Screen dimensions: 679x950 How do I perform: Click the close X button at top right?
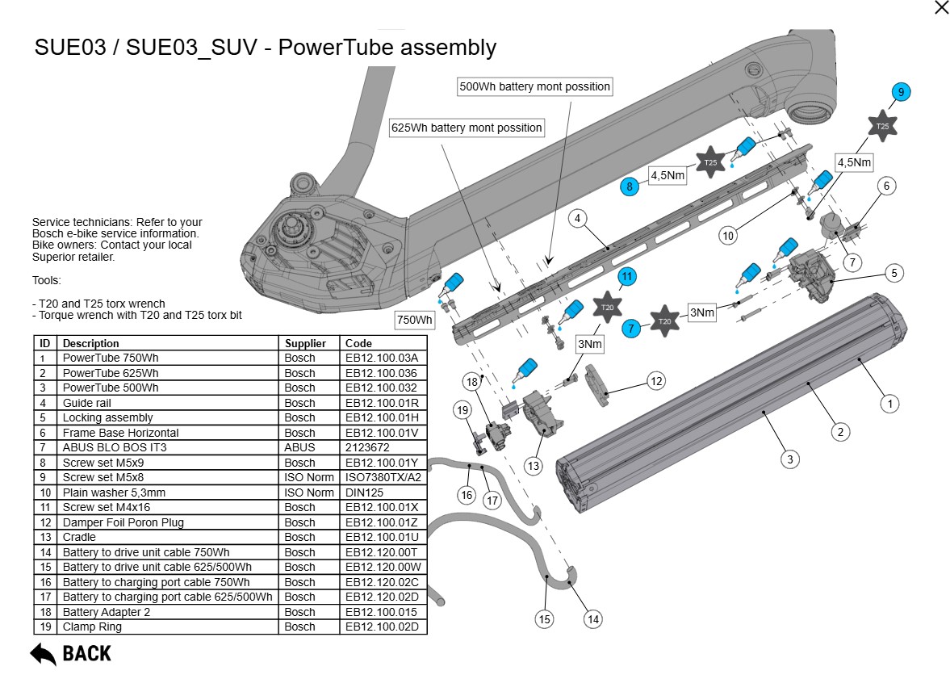point(941,8)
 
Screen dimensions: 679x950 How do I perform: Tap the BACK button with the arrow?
point(71,653)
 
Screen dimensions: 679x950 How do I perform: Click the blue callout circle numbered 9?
point(902,92)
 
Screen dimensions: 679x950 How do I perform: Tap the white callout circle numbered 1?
point(889,403)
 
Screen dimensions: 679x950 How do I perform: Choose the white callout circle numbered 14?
point(593,619)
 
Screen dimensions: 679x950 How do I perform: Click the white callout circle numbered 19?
point(462,410)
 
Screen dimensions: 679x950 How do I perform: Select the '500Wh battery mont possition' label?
point(534,86)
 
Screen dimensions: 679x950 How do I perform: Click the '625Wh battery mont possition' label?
point(467,128)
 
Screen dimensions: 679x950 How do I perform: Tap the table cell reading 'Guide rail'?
point(87,403)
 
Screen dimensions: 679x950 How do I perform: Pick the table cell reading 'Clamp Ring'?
point(92,627)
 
